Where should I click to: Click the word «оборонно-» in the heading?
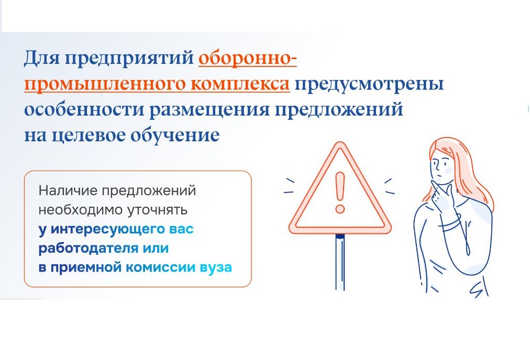tap(247, 59)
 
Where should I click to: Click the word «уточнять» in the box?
tap(157, 210)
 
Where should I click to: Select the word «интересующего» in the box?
tap(107, 229)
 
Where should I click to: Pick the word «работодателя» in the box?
tap(88, 249)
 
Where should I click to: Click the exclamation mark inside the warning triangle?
tap(340, 192)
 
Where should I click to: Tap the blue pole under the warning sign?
tap(340, 262)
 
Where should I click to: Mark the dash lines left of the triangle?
tap(289, 186)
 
